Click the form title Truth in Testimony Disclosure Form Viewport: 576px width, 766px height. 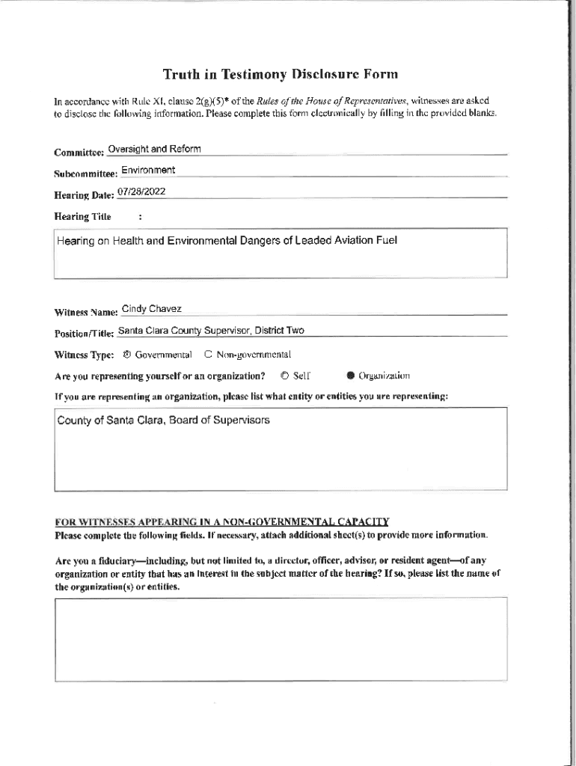(x=281, y=74)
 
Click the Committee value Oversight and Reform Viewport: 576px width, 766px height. (x=154, y=149)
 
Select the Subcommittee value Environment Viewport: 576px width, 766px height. (x=148, y=170)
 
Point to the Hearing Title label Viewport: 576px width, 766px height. (x=82, y=217)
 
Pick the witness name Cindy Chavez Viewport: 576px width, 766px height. (x=151, y=309)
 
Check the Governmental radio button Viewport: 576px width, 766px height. (x=126, y=355)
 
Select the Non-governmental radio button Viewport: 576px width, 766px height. (x=209, y=355)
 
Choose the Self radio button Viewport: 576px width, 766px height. (x=285, y=376)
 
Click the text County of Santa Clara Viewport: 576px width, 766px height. (x=111, y=420)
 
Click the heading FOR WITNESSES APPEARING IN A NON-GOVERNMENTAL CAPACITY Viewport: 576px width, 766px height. (x=221, y=521)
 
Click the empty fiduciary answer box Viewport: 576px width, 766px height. (x=281, y=639)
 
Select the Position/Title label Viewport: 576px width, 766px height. (x=84, y=333)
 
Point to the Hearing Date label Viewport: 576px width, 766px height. (x=84, y=195)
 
